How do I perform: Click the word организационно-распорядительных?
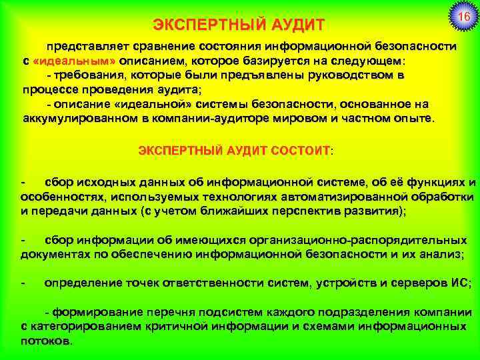[363, 240]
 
